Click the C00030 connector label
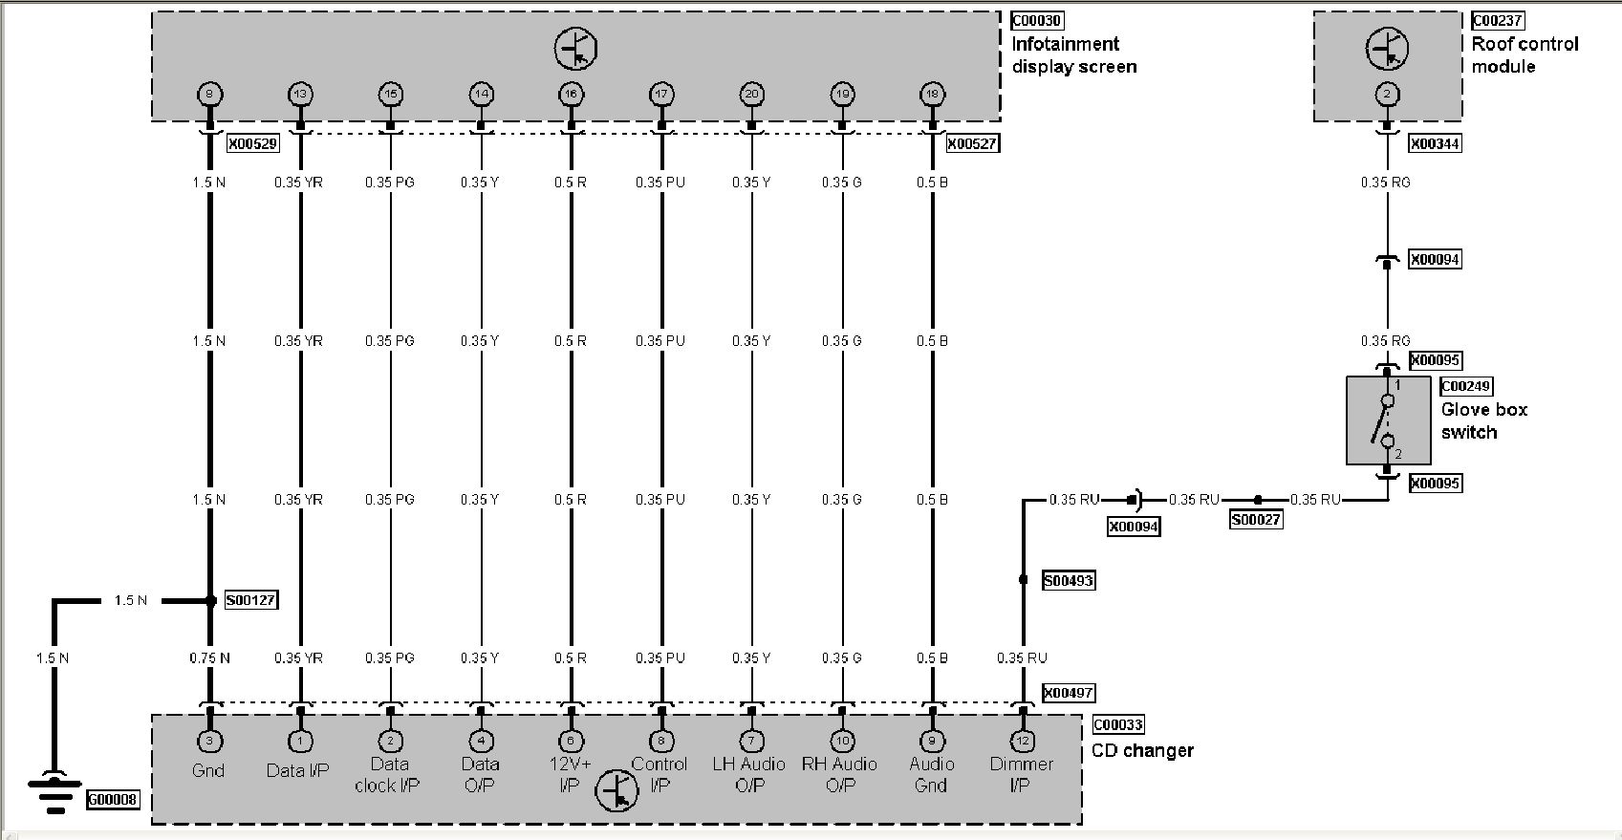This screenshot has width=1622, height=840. point(1036,20)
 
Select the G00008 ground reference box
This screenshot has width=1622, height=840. point(113,798)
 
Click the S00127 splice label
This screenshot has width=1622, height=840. point(251,600)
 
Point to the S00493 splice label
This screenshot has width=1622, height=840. point(1068,580)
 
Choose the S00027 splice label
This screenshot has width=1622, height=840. point(1256,520)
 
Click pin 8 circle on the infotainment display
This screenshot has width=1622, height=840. point(209,94)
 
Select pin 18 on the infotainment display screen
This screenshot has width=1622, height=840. point(932,94)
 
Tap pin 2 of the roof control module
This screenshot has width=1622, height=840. point(1387,94)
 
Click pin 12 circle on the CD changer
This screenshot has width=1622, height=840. point(1023,741)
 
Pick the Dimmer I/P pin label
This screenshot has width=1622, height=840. point(1022,774)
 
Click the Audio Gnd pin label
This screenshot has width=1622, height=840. point(932,774)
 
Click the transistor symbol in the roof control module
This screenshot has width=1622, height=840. point(1386,49)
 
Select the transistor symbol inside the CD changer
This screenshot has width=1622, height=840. point(616,791)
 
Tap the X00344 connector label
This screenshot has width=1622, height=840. point(1436,143)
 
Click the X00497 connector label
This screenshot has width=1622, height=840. point(1068,693)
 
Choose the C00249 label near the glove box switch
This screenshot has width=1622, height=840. point(1466,386)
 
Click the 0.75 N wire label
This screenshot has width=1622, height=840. point(210,657)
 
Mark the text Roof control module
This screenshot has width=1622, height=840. point(1525,54)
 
